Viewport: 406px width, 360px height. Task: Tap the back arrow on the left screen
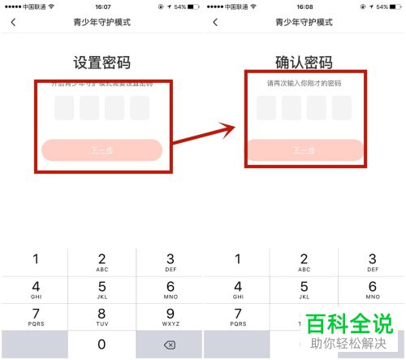13,22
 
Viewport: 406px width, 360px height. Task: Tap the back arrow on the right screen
215,22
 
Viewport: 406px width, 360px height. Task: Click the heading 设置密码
101,63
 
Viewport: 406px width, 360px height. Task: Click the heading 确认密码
304,63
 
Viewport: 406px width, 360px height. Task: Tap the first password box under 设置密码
64,108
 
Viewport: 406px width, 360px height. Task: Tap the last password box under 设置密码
140,108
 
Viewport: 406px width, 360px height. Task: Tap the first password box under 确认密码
266,108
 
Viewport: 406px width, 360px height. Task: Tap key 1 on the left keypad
34,260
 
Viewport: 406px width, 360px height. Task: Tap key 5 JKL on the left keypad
101,288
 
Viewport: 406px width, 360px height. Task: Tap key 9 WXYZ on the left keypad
170,316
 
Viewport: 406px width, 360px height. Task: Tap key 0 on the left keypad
101,345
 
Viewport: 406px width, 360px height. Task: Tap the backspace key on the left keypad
170,345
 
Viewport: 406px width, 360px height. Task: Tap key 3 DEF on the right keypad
372,260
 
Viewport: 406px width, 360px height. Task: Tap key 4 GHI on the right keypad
236,288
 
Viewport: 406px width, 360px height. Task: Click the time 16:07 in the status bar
101,6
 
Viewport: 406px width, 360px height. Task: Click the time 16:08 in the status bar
304,6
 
